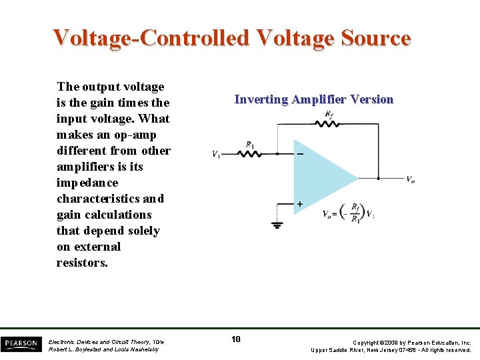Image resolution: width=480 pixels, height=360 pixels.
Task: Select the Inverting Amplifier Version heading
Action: tap(314, 99)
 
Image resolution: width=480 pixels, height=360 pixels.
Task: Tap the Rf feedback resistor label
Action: tap(329, 115)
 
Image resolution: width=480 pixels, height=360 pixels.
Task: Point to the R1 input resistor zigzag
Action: tap(250, 153)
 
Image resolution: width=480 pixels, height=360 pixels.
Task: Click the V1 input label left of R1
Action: tap(217, 154)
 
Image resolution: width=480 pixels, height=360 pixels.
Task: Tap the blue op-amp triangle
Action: tap(320, 177)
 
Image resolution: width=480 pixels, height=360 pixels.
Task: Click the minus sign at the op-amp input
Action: tap(300, 154)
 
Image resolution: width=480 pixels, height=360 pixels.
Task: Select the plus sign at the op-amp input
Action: tap(300, 203)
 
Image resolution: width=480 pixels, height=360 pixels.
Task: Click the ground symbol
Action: tap(277, 225)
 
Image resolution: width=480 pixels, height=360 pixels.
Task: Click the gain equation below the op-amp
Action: tap(347, 213)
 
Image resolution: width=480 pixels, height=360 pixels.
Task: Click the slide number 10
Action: tap(236, 340)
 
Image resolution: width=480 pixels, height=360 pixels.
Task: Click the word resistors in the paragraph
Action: tap(82, 263)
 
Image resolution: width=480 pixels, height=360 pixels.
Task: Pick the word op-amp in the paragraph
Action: tap(135, 135)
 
